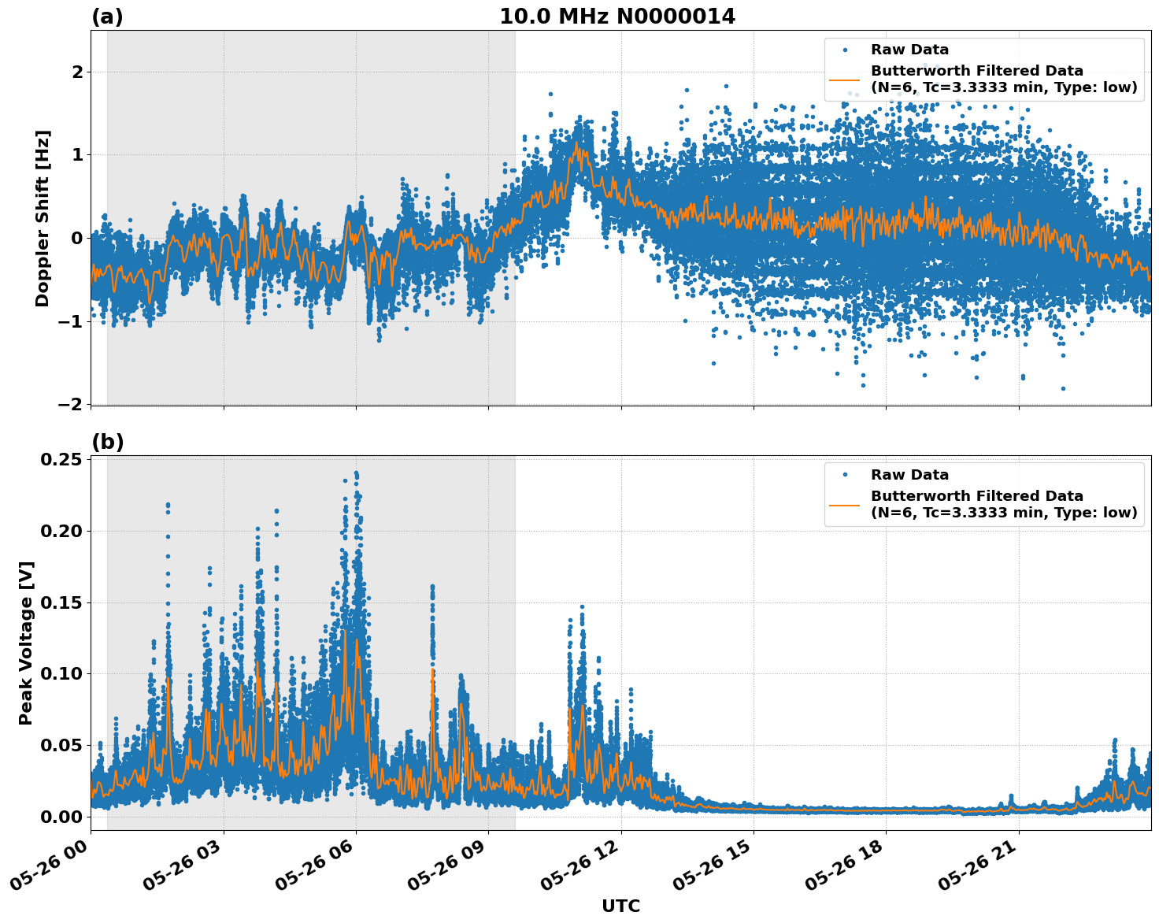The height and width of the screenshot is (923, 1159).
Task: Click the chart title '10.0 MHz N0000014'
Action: click(x=617, y=17)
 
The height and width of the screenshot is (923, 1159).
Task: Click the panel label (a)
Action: click(x=107, y=17)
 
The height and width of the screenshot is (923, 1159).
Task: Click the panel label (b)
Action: click(x=107, y=442)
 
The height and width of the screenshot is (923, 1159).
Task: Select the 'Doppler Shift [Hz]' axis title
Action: click(x=43, y=218)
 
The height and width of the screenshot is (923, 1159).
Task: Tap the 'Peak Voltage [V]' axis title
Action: click(x=26, y=643)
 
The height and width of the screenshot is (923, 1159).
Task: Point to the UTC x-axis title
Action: click(x=620, y=906)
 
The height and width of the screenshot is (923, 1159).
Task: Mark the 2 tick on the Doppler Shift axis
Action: click(x=77, y=72)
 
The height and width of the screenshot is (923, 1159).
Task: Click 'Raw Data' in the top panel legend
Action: click(x=909, y=50)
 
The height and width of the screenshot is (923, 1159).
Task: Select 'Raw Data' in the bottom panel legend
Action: click(x=909, y=475)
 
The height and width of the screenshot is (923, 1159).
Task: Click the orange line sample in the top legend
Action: click(x=844, y=80)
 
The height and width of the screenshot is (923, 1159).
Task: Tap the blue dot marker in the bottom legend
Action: click(x=844, y=475)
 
